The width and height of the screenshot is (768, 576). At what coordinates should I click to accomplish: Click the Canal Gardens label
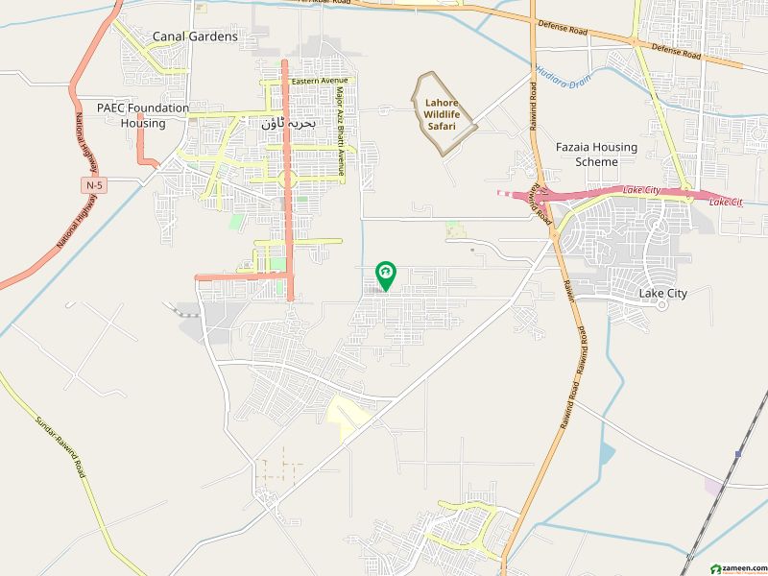click(195, 36)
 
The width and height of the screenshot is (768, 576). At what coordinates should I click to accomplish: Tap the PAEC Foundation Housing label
click(143, 115)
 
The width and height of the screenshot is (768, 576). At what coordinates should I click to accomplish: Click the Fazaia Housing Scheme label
click(596, 154)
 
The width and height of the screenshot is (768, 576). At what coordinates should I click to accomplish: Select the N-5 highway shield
click(92, 183)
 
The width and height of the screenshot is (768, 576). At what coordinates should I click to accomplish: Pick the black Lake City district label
click(663, 294)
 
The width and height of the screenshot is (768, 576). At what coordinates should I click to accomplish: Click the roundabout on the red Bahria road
click(286, 179)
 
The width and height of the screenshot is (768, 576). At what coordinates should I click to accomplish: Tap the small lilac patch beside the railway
click(713, 487)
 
